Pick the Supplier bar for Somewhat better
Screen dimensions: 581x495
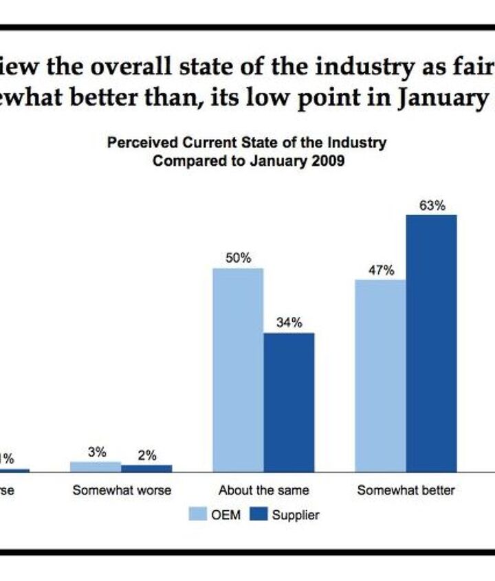[x=431, y=344]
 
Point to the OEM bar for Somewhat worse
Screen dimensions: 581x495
[x=96, y=467]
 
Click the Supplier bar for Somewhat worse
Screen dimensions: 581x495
[x=146, y=468]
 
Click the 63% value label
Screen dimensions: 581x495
[x=432, y=205]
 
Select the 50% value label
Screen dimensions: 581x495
[x=239, y=259]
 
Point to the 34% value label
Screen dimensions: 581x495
[x=289, y=323]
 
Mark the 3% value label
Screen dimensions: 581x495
[x=96, y=452]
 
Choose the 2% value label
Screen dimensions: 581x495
[x=146, y=455]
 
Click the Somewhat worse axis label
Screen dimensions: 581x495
[x=122, y=491]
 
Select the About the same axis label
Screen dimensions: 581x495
[x=263, y=491]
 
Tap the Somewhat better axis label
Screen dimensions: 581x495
[x=405, y=491]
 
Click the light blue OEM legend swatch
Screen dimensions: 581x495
[x=198, y=514]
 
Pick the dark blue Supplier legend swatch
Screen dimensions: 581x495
[x=258, y=514]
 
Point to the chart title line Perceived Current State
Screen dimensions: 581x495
[x=247, y=143]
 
